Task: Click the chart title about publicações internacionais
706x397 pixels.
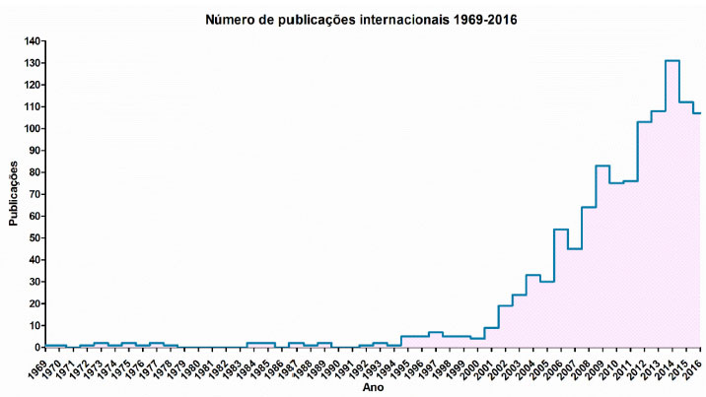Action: click(361, 19)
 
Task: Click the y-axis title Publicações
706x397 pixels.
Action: click(14, 194)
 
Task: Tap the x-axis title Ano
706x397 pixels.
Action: click(367, 389)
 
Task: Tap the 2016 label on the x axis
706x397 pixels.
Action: click(693, 366)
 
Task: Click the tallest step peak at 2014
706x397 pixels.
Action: click(672, 61)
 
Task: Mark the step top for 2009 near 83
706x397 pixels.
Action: click(602, 165)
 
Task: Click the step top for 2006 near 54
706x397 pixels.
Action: click(561, 230)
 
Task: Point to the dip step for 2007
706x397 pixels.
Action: click(575, 249)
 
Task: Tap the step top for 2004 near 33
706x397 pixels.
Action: click(532, 275)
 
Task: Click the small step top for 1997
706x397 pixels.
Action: click(435, 332)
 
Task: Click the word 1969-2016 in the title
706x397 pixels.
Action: click(482, 19)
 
